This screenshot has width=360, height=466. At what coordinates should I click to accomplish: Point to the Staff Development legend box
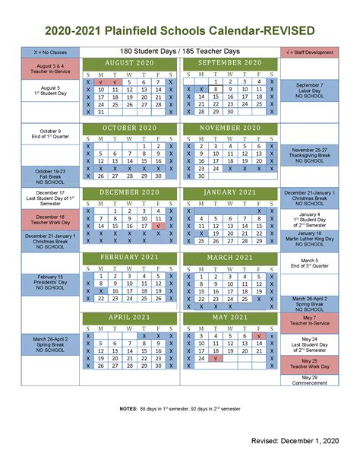coord(309,52)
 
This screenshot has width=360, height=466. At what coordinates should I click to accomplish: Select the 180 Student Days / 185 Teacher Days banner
coord(179,51)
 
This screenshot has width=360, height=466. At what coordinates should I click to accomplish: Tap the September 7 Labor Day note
coord(309,90)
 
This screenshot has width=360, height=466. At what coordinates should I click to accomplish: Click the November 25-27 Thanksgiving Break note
coord(309,156)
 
